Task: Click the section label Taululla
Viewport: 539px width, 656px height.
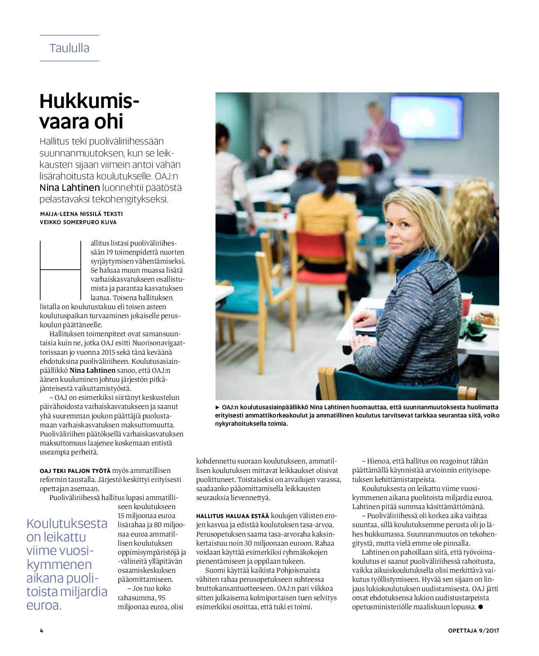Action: (x=69, y=48)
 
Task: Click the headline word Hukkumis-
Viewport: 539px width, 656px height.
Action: (x=89, y=101)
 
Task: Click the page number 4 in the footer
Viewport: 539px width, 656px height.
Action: (x=41, y=631)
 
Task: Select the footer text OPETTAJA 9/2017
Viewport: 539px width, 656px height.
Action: (x=473, y=631)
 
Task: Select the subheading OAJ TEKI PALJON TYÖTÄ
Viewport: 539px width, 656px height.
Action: (x=75, y=471)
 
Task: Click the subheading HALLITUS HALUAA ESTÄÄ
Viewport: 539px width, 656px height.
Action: (x=232, y=516)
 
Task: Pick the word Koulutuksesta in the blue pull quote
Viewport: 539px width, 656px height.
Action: (x=67, y=523)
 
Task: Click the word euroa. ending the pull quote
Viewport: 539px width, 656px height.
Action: (x=44, y=606)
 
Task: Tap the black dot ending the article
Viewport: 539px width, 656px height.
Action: (x=481, y=607)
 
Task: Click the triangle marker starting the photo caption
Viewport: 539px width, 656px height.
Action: (x=218, y=407)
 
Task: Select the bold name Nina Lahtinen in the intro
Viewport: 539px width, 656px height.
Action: (x=70, y=188)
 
